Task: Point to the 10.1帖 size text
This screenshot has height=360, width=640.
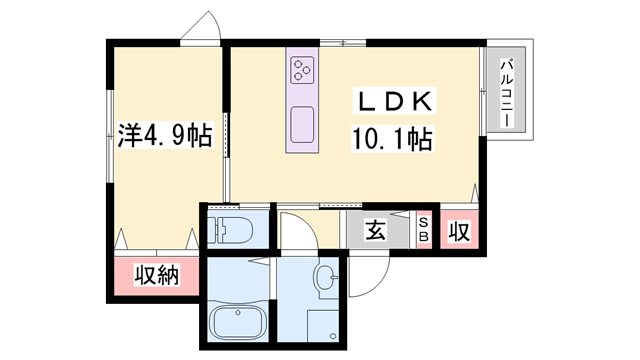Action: (392, 139)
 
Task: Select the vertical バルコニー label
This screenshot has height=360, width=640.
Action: (506, 92)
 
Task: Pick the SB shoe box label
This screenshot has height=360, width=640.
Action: (423, 231)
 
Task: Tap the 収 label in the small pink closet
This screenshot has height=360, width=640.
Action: (459, 232)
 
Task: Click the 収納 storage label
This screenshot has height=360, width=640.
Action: (157, 274)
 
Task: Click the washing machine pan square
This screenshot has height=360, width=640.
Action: (323, 326)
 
